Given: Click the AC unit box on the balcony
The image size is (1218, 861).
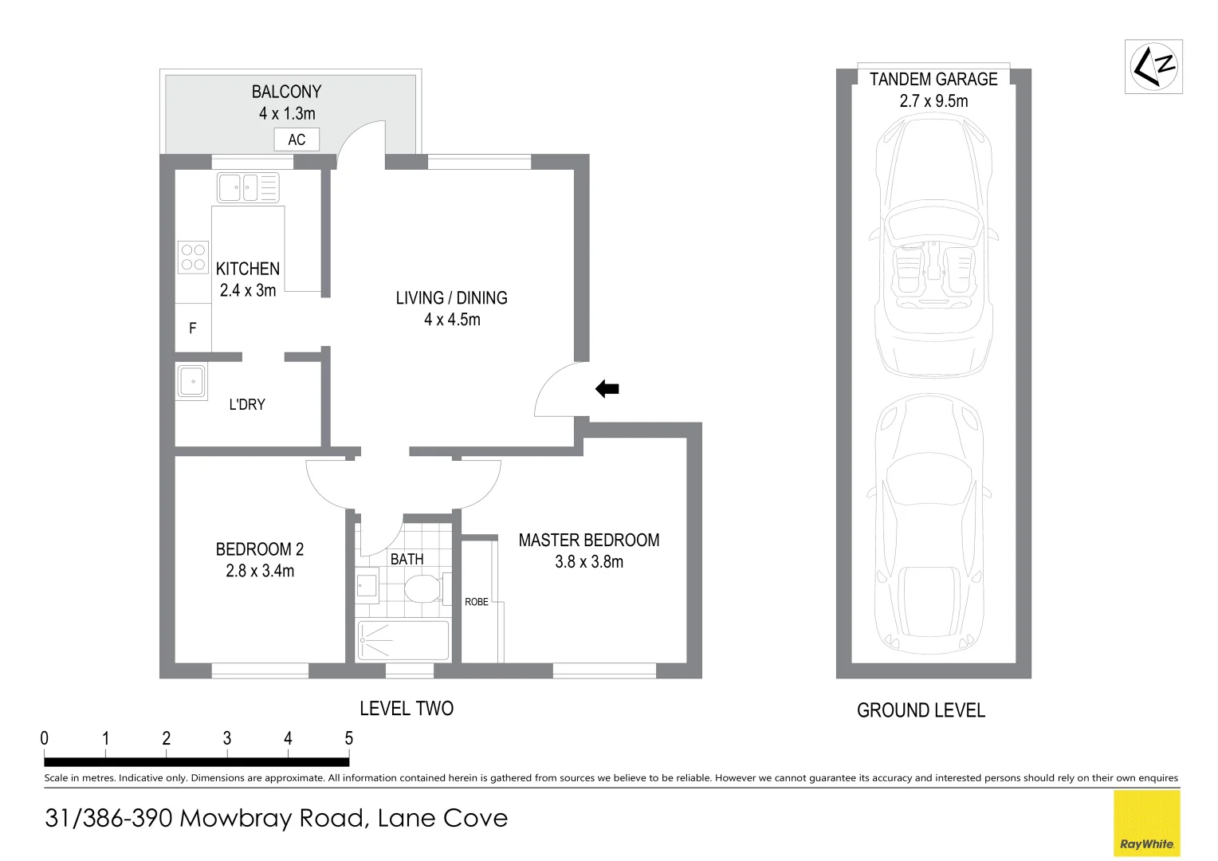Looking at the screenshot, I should click(x=297, y=140).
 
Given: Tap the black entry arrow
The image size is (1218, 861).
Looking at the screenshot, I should click(x=607, y=389).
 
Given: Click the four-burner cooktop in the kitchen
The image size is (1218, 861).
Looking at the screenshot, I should click(x=193, y=258).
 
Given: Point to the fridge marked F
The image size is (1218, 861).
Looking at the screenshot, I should click(x=193, y=328).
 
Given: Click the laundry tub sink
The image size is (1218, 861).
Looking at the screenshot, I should click(x=191, y=381).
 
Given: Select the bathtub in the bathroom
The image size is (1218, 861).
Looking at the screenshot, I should click(x=403, y=639).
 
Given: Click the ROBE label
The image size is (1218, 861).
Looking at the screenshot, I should click(x=477, y=602).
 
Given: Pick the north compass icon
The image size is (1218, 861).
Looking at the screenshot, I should click(x=1153, y=66).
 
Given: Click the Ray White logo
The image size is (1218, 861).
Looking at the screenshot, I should click(x=1146, y=824).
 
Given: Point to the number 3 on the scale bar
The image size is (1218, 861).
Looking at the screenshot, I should click(x=227, y=738).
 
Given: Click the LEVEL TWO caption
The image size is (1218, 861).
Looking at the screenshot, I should click(x=407, y=709).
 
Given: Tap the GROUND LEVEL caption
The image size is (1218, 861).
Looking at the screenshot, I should click(x=921, y=710).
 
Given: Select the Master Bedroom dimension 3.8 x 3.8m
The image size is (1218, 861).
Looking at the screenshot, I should click(x=589, y=562).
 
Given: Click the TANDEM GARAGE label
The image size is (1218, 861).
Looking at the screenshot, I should click(x=933, y=79).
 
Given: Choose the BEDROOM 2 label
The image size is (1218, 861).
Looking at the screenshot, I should click(x=260, y=549).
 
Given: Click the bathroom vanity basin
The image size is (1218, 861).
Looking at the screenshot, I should click(x=367, y=586).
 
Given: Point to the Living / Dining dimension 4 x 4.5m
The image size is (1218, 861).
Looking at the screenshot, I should click(x=452, y=320).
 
